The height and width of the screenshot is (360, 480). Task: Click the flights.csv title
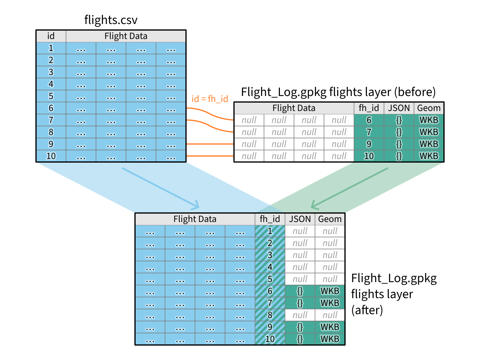111,20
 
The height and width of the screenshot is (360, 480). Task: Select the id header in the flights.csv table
51,36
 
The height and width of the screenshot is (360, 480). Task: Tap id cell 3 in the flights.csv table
51,72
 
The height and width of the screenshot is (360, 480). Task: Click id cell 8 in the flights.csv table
51,132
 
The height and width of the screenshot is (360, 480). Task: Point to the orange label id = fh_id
210,99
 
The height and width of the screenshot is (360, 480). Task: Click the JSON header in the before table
399,108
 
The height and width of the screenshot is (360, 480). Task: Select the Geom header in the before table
429,108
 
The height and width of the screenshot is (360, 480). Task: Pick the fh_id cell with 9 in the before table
369,144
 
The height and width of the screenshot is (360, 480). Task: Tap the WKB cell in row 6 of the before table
429,120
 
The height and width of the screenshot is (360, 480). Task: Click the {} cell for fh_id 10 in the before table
399,156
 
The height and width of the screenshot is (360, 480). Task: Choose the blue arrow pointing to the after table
160,188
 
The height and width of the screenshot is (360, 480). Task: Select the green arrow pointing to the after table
349,188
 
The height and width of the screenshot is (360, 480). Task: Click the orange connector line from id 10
210,156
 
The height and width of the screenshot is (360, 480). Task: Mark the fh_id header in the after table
270,219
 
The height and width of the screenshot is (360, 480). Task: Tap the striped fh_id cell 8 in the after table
270,315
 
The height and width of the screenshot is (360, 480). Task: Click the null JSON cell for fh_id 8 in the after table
300,315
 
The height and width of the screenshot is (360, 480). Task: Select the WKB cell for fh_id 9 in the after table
330,327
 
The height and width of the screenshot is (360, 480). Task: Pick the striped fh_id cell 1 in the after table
270,231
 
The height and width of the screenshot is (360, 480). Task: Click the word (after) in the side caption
367,310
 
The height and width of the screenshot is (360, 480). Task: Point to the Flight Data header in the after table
195,219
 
